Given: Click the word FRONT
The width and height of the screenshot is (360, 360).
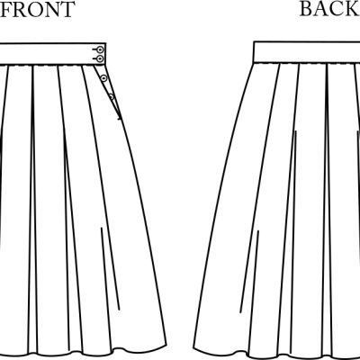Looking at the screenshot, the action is click(37, 9).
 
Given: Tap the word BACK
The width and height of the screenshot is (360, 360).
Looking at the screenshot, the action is click(330, 9).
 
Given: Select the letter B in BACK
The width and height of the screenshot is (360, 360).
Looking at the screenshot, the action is click(307, 9).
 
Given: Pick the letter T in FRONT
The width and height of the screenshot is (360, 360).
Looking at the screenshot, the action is click(66, 9).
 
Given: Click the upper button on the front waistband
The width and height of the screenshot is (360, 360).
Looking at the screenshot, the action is click(100, 49).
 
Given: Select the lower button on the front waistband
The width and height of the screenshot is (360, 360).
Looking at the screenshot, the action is click(100, 58).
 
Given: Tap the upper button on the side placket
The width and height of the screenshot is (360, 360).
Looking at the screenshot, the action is click(103, 78).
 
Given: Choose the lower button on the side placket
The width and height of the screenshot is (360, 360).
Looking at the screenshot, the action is click(112, 96).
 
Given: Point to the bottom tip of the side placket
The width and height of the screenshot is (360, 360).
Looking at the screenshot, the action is click(121, 120).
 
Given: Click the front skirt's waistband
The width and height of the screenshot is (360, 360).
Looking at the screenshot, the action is click(53, 54).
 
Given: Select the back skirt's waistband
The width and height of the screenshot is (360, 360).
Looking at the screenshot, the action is click(307, 52).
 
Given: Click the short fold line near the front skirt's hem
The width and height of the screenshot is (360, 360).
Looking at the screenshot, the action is click(110, 269).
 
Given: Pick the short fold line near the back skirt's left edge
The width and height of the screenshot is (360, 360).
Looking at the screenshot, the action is click(249, 272).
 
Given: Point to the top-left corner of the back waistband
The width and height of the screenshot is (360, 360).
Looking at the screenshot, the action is click(254, 41).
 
